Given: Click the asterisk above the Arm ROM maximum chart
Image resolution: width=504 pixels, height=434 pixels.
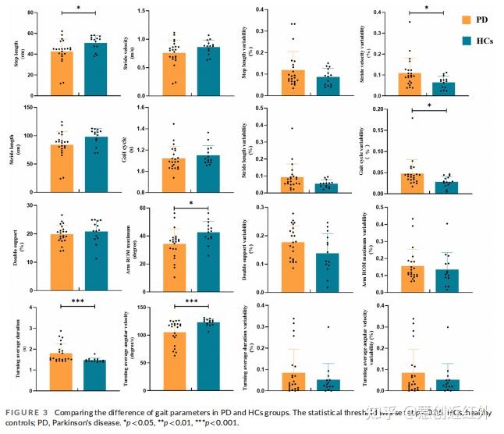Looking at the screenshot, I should [192, 205].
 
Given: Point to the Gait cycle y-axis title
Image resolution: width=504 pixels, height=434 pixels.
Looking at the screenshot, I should [140, 145].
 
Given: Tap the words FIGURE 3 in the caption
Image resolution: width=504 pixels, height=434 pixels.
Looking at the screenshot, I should [25, 411].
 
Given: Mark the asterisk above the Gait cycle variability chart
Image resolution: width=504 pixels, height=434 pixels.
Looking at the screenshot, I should [429, 106].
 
